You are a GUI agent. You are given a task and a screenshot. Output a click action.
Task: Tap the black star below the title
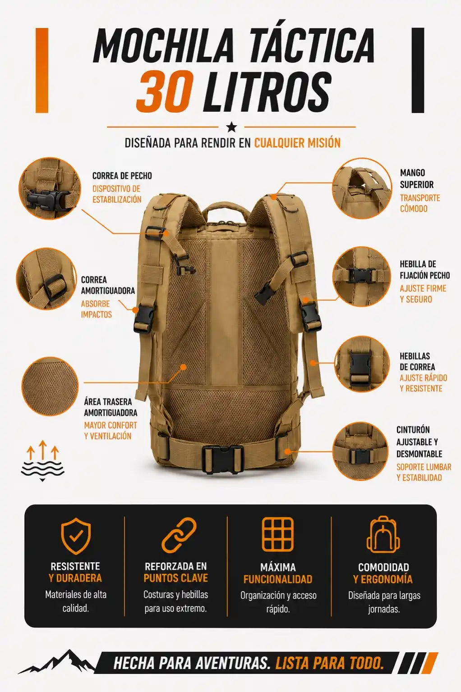tap(231, 127)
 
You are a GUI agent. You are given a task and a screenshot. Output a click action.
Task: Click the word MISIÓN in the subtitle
tap(324, 143)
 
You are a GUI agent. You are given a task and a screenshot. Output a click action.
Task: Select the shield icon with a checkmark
tap(76, 536)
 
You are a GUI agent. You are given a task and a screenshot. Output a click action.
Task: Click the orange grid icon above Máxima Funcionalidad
tap(277, 535)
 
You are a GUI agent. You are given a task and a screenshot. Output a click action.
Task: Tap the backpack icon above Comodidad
tap(383, 535)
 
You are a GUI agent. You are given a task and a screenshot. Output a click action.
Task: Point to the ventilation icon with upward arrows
tap(43, 460)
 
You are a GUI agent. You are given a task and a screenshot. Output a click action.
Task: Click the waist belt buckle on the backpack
tap(222, 460)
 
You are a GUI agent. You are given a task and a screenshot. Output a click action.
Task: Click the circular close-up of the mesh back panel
tap(50, 386)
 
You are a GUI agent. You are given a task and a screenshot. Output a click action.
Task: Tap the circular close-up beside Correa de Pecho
tap(50, 188)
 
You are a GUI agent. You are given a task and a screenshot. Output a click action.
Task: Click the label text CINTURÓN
tap(413, 430)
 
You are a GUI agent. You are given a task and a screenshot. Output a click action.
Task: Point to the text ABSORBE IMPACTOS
tap(96, 309)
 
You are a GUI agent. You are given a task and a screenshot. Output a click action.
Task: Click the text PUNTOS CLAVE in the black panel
tap(175, 578)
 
